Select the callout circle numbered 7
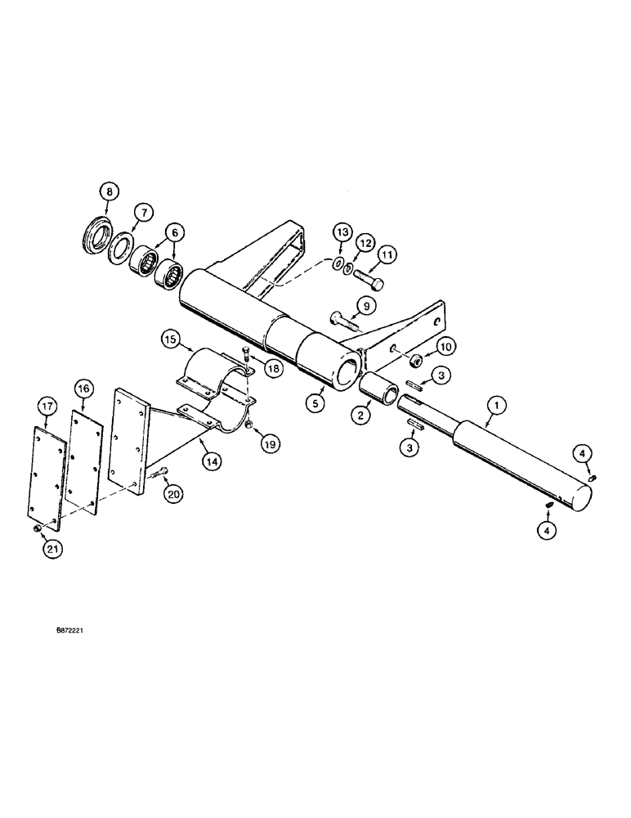coord(142,213)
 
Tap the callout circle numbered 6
coord(174,233)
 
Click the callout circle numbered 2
coord(358,415)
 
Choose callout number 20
coord(172,496)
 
